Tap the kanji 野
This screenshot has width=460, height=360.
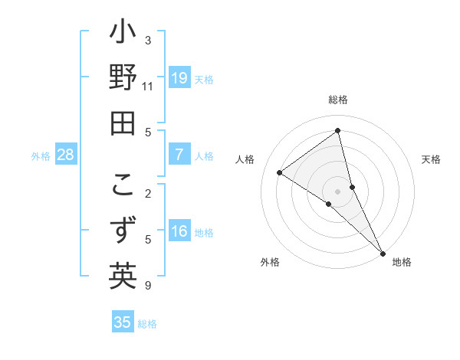tap(123, 80)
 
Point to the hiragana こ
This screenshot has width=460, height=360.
tap(123, 186)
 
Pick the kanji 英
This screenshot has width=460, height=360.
tap(123, 276)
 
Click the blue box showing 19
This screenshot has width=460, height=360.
tap(179, 78)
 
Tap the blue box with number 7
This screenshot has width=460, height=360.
tap(179, 155)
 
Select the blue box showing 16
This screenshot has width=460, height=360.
tap(179, 232)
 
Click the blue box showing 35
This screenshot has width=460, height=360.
tap(123, 322)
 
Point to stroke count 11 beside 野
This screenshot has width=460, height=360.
tap(148, 87)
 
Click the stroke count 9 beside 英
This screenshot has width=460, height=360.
tap(148, 286)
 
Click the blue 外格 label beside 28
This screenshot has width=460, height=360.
tap(41, 156)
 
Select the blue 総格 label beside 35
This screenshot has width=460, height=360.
tap(147, 323)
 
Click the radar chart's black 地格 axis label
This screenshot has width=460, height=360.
tap(402, 262)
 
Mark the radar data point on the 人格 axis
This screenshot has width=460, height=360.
tap(280, 172)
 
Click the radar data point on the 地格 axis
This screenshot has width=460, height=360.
tap(383, 252)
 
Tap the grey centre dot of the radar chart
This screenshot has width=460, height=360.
tap(337, 191)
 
